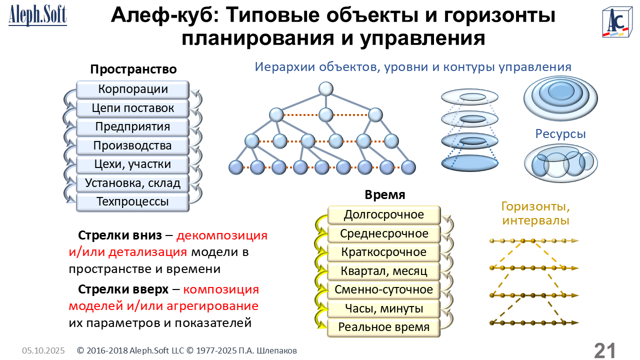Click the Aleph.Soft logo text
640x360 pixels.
[37, 15]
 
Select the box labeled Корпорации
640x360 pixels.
[132, 89]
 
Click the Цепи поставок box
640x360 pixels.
[132, 108]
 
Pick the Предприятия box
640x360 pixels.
[132, 127]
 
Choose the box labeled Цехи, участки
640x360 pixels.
[132, 164]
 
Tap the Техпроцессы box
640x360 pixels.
[132, 202]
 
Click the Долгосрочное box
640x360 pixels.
[384, 215]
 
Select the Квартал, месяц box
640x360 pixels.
[384, 271]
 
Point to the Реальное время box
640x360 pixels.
[384, 327]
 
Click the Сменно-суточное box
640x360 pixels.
[384, 290]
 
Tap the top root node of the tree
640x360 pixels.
[326, 89]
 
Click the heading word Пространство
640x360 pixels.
[133, 69]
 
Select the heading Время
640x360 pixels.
[385, 195]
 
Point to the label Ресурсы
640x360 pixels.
[560, 134]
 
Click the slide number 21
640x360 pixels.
[604, 350]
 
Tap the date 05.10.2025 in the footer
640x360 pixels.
[43, 351]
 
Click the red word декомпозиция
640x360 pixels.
[222, 235]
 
